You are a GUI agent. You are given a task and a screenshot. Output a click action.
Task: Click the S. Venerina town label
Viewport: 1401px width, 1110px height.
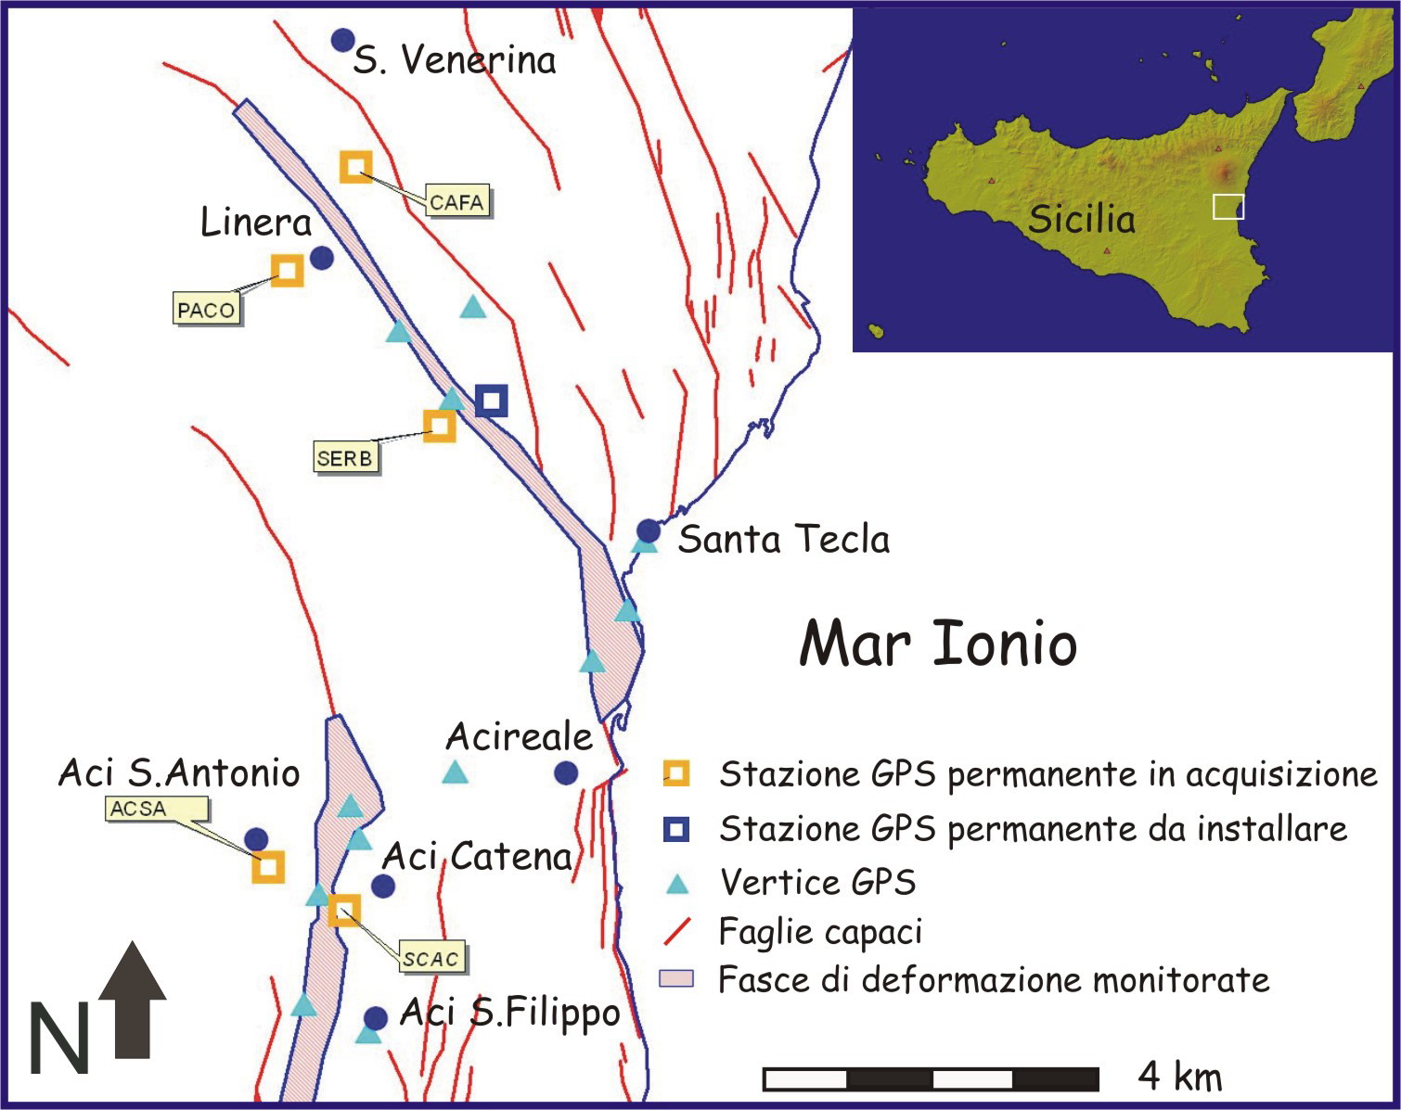pyautogui.click(x=455, y=61)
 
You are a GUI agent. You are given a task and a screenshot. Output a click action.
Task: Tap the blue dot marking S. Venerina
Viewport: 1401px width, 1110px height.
pyautogui.click(x=343, y=40)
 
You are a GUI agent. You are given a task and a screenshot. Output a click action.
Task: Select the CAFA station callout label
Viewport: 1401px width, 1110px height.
pyautogui.click(x=456, y=202)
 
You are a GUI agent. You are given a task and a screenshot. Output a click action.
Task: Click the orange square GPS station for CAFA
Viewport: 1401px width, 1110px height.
pyautogui.click(x=355, y=166)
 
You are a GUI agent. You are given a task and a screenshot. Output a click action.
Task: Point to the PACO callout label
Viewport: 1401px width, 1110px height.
pyautogui.click(x=206, y=310)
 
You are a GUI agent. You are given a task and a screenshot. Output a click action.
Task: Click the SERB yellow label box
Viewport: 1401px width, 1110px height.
pyautogui.click(x=345, y=458)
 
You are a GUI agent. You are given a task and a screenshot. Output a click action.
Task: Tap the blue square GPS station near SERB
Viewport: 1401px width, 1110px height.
pyautogui.click(x=492, y=401)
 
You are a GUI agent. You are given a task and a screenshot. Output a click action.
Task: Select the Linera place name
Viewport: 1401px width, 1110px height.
pyautogui.click(x=256, y=223)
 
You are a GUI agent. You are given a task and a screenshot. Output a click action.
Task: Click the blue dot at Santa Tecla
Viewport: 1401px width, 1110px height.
pyautogui.click(x=649, y=531)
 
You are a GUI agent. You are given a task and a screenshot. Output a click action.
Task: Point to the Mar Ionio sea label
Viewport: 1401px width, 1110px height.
pyautogui.click(x=937, y=644)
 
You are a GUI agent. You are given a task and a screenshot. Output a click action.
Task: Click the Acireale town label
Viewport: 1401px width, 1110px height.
pyautogui.click(x=519, y=737)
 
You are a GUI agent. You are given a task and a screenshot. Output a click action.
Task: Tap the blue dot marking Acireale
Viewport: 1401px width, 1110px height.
pyautogui.click(x=566, y=772)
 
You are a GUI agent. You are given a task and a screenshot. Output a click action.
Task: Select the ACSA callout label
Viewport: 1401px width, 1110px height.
pyautogui.click(x=138, y=809)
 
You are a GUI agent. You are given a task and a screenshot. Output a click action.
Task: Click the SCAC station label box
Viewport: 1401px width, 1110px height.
pyautogui.click(x=431, y=959)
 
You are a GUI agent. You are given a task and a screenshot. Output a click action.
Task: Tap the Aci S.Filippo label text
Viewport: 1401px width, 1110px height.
pyautogui.click(x=509, y=1013)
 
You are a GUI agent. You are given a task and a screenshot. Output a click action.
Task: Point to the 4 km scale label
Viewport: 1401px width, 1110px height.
pyautogui.click(x=1179, y=1077)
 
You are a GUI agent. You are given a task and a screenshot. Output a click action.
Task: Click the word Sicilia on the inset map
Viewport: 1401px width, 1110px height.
pyautogui.click(x=1081, y=220)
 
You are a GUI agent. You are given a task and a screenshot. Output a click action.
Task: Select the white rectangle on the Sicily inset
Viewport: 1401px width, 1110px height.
pyautogui.click(x=1227, y=207)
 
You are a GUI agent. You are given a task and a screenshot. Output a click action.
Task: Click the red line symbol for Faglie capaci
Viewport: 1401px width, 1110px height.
pyautogui.click(x=678, y=932)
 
